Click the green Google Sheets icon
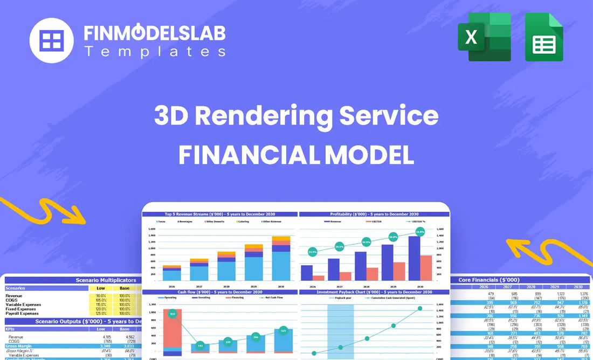(x=544, y=36)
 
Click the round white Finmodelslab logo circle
(x=52, y=40)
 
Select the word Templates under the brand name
(x=155, y=52)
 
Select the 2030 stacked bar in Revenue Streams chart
(x=281, y=258)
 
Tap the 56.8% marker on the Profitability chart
(x=419, y=232)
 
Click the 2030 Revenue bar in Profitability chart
(x=415, y=258)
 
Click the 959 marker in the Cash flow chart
(x=173, y=314)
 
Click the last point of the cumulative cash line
(x=420, y=308)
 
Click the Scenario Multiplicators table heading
(x=101, y=280)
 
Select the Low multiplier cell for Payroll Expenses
(x=101, y=313)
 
